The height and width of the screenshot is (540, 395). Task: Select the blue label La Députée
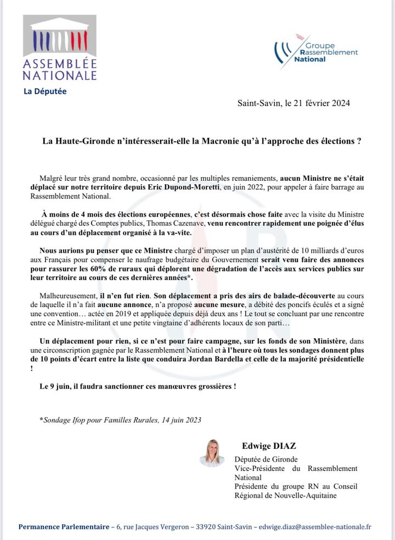(x=45, y=91)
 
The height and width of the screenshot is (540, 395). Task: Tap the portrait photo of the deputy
(x=212, y=452)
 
